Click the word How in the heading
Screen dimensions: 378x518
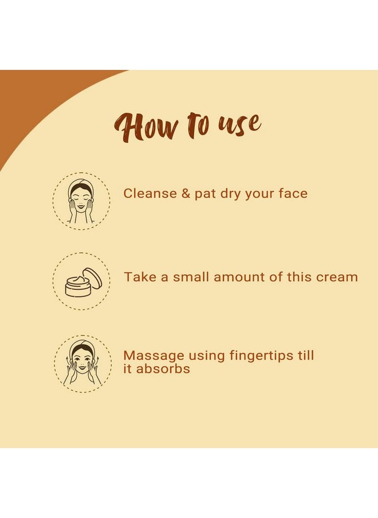[146, 127]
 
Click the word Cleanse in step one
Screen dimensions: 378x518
[150, 193]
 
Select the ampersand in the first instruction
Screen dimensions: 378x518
[186, 193]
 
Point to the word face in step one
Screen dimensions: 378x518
[293, 193]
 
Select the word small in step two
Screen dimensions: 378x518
[191, 277]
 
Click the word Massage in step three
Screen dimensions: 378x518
[153, 356]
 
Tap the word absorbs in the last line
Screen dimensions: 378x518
[163, 368]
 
